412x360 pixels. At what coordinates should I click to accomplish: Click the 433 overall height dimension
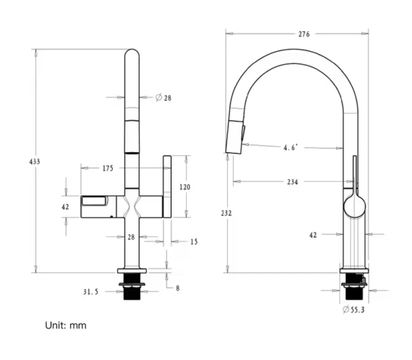pyautogui.click(x=35, y=162)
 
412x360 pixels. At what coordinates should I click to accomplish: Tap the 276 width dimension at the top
pyautogui.click(x=304, y=34)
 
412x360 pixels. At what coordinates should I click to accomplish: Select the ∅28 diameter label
pyautogui.click(x=163, y=97)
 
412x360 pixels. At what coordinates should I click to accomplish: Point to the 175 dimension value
pyautogui.click(x=107, y=169)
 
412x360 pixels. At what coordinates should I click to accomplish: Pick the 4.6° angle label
pyautogui.click(x=290, y=148)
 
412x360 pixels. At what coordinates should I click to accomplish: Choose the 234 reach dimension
pyautogui.click(x=293, y=182)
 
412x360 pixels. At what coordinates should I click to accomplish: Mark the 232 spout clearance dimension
pyautogui.click(x=226, y=213)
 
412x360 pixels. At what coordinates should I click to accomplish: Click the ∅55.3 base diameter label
pyautogui.click(x=354, y=310)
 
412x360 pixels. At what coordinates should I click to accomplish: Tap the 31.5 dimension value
pyautogui.click(x=91, y=292)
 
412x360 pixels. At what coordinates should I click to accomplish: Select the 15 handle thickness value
pyautogui.click(x=194, y=242)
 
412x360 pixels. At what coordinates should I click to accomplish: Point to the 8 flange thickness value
pyautogui.click(x=177, y=288)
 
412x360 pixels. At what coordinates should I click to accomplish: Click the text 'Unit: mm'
pyautogui.click(x=66, y=325)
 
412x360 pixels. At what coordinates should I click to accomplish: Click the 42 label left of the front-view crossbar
pyautogui.click(x=65, y=207)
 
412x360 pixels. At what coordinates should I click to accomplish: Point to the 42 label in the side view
pyautogui.click(x=313, y=235)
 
